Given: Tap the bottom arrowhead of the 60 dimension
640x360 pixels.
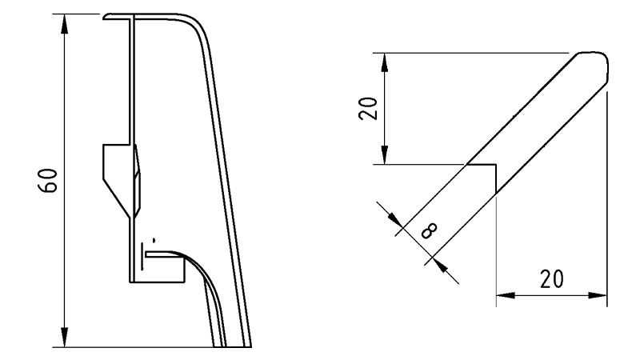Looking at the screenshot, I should (x=64, y=339).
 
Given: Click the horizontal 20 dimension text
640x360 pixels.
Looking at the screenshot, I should (x=550, y=279).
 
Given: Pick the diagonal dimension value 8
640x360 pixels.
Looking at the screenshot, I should (x=428, y=232).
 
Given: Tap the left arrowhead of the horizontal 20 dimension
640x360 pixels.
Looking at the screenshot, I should (x=505, y=295).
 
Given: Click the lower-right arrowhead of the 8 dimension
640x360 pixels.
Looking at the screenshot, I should (x=438, y=265).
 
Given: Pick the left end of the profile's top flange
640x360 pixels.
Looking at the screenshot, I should (x=106, y=15).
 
